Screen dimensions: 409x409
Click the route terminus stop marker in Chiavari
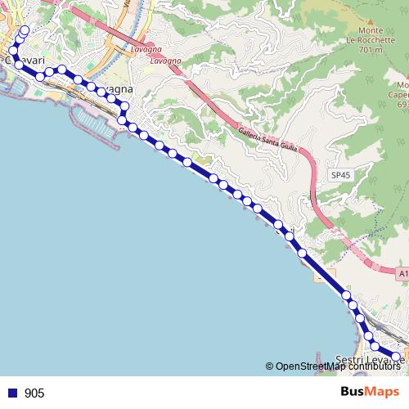click(x=23, y=31)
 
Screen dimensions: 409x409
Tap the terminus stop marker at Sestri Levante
click(x=396, y=357)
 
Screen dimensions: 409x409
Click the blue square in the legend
click(x=11, y=393)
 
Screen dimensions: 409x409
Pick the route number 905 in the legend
click(x=34, y=393)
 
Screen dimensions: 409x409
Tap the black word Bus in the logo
click(x=354, y=392)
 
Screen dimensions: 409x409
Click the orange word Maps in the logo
click(x=385, y=392)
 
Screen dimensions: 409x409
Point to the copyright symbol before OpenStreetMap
click(x=269, y=366)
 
